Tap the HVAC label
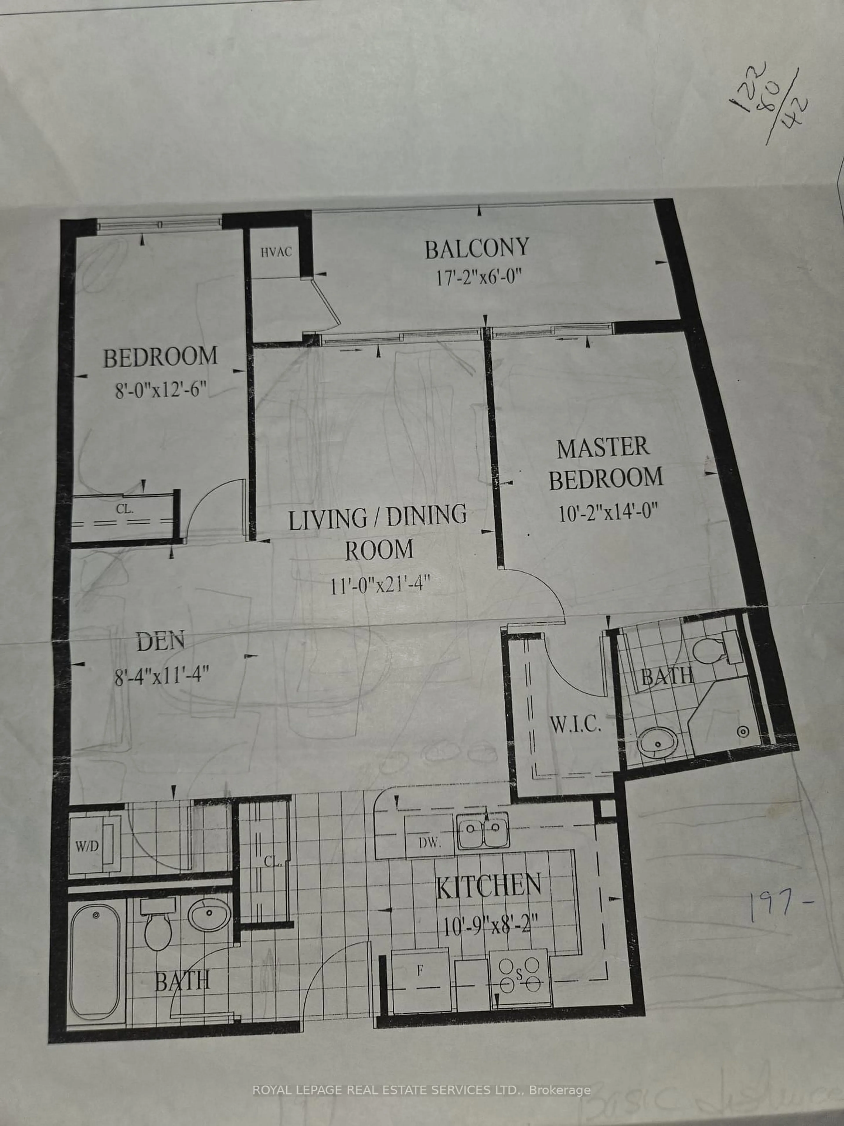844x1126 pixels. click(276, 251)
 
